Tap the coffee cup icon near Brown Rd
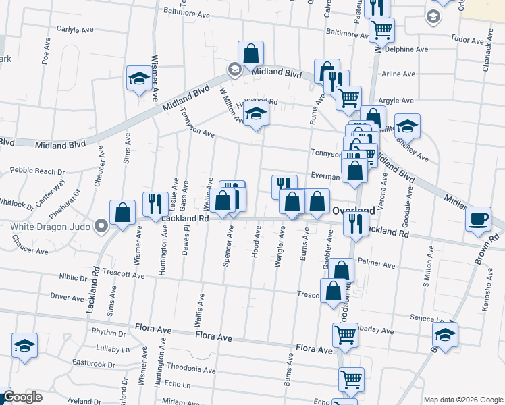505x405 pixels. click(x=478, y=219)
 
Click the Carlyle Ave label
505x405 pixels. click(x=75, y=30)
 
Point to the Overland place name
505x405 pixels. click(x=353, y=210)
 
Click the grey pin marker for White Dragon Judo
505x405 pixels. click(x=101, y=225)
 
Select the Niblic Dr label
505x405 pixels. click(x=70, y=277)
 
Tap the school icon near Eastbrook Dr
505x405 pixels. click(x=25, y=346)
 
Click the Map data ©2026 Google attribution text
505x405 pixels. click(x=462, y=400)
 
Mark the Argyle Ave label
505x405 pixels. click(x=396, y=101)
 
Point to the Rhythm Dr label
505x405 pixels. click(x=108, y=333)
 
